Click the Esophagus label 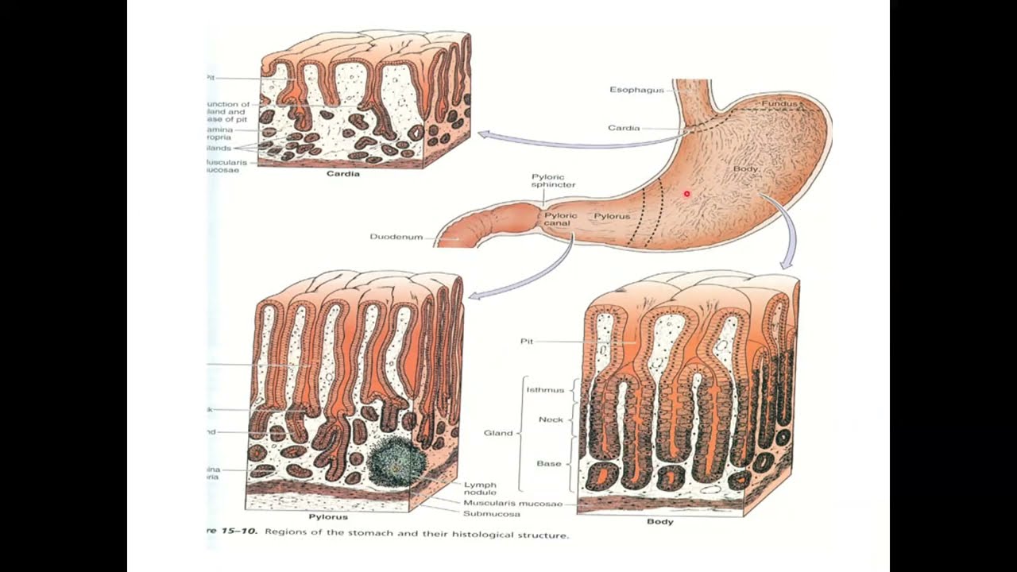636,90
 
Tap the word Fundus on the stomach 779,104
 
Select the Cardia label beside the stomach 624,128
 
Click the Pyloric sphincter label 553,180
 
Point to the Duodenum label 396,237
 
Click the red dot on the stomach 687,194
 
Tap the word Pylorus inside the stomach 612,216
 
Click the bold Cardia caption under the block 343,173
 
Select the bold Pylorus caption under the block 327,516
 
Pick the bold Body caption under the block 659,522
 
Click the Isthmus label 545,390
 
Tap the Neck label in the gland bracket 551,419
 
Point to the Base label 549,463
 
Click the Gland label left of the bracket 498,433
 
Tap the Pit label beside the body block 527,342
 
